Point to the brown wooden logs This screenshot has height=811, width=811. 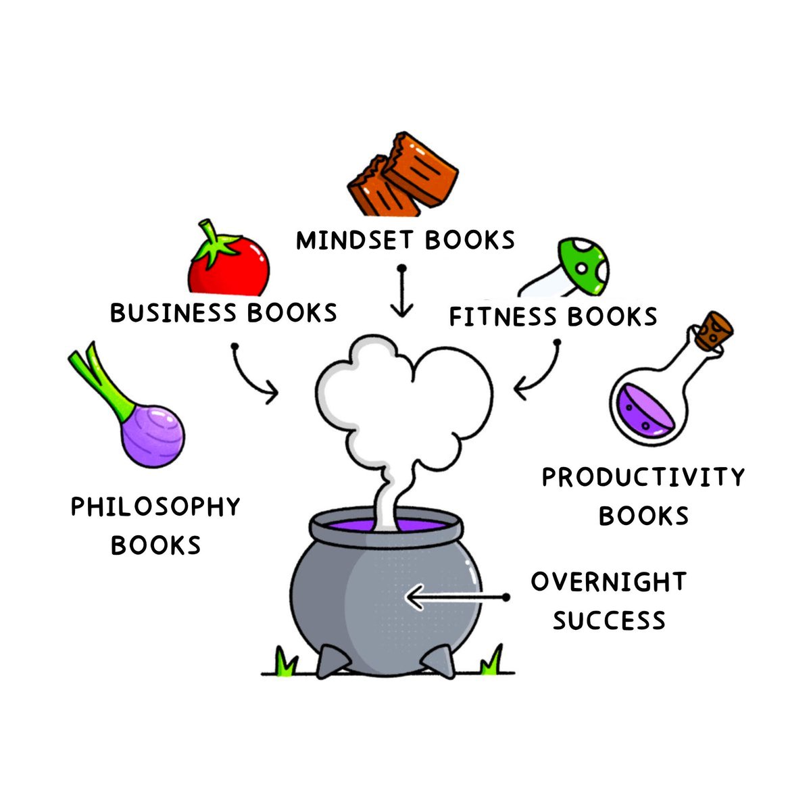(404, 175)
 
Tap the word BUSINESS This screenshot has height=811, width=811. (172, 313)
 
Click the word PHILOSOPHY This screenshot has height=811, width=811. (155, 507)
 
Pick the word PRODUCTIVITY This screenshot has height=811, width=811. (643, 477)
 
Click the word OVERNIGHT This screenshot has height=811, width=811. (608, 582)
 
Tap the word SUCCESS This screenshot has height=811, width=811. (609, 620)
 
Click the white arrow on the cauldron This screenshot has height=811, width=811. (453, 597)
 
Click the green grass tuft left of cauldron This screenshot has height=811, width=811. (286, 662)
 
